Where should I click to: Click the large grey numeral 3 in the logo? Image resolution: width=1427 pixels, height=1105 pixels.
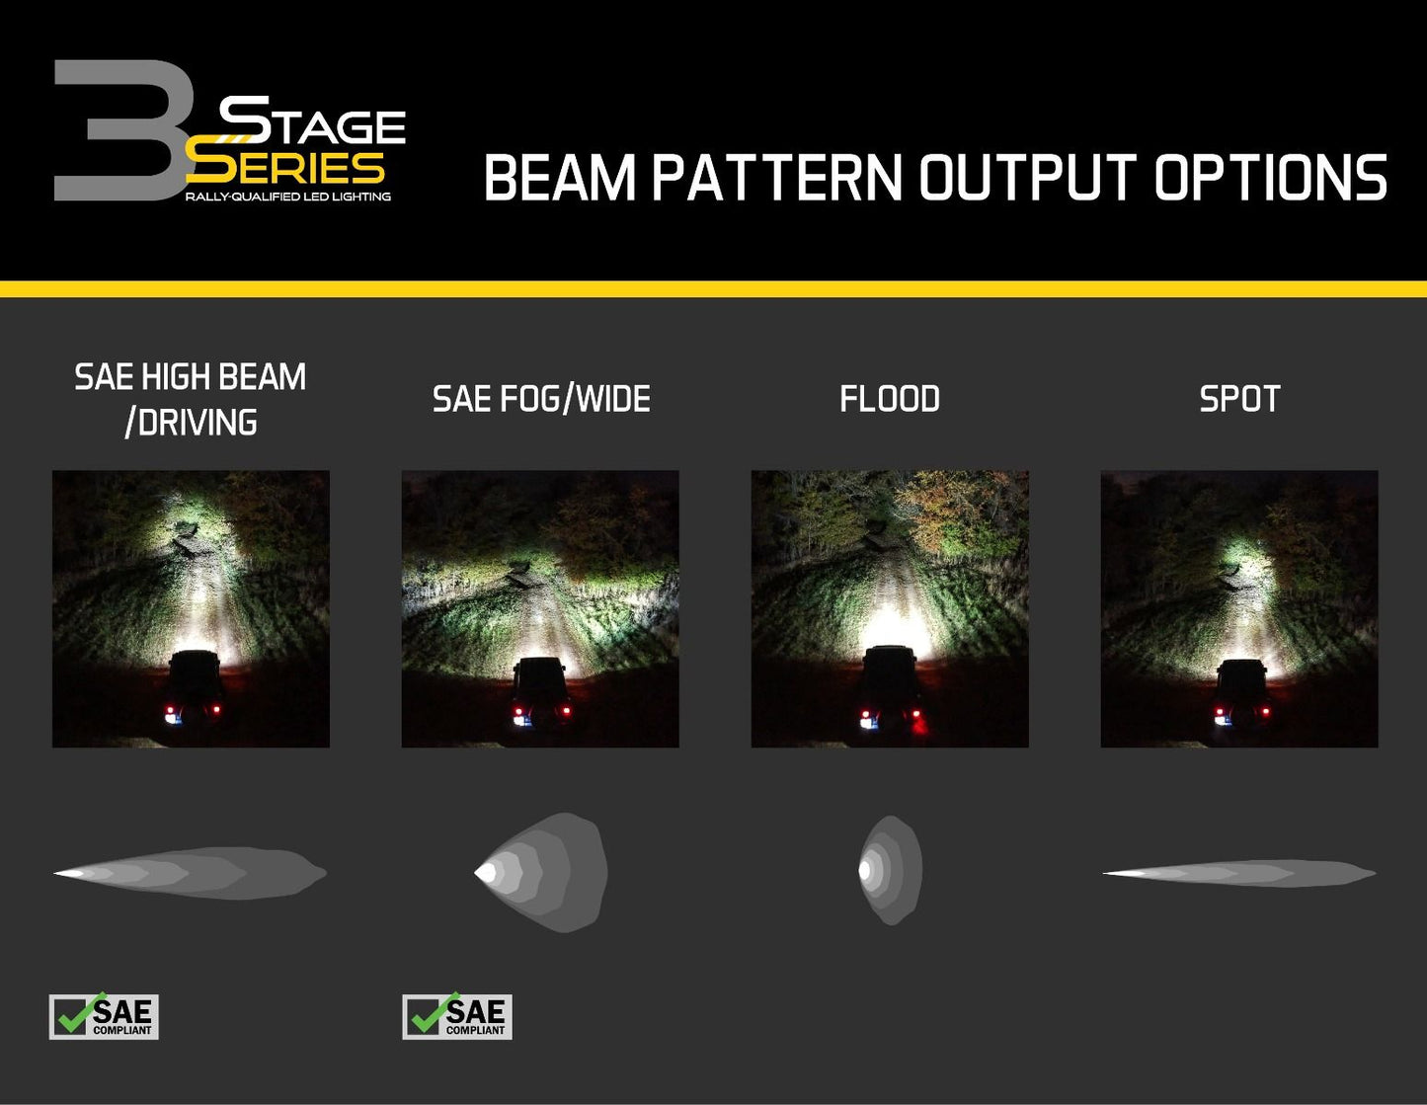(119, 131)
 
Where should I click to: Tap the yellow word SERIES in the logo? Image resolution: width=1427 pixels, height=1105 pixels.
(286, 167)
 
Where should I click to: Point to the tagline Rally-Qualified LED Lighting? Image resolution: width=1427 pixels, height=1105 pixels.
(287, 197)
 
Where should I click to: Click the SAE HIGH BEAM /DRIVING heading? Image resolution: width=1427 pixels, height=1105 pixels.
(191, 399)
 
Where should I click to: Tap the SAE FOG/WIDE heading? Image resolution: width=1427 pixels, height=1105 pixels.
(541, 399)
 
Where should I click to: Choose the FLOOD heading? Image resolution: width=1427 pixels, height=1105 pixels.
(890, 399)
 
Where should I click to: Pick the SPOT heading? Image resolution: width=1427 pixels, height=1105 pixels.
(1239, 399)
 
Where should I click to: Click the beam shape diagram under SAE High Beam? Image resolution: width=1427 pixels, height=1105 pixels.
(191, 873)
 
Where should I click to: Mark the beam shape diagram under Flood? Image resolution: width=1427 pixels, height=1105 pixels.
(890, 870)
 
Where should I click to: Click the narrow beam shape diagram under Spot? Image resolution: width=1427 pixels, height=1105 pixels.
(1239, 873)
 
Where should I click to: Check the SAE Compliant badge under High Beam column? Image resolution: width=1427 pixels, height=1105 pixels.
(104, 1016)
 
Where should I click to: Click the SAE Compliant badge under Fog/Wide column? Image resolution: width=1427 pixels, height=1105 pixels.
(457, 1016)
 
